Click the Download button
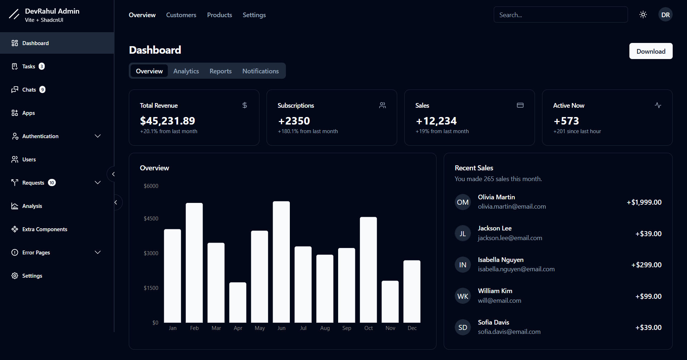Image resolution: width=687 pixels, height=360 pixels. tap(651, 51)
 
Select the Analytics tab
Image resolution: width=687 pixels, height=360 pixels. tap(186, 71)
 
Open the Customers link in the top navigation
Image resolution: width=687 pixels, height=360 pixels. tap(181, 15)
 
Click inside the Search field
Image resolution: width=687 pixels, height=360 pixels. tap(560, 15)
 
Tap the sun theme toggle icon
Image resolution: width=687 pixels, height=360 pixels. tap(643, 15)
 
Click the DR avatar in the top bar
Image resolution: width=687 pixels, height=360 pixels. tap(665, 15)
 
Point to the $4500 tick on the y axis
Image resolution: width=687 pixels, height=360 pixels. tap(151, 219)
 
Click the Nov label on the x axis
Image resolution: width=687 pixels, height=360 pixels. tap(390, 328)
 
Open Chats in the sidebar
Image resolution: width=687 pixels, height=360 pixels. tap(29, 90)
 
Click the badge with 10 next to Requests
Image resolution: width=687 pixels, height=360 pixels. tap(52, 183)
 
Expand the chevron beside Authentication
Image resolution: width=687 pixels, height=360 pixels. tap(98, 136)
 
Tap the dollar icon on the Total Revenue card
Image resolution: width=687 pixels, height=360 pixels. tap(245, 105)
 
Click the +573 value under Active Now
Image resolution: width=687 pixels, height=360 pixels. tap(566, 121)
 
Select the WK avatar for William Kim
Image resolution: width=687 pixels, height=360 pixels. tap(462, 296)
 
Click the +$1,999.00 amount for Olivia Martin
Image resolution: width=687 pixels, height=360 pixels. tap(644, 202)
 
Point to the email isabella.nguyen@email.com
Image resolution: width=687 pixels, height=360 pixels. tap(516, 269)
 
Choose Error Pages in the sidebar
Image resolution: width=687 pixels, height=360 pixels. tap(36, 253)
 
